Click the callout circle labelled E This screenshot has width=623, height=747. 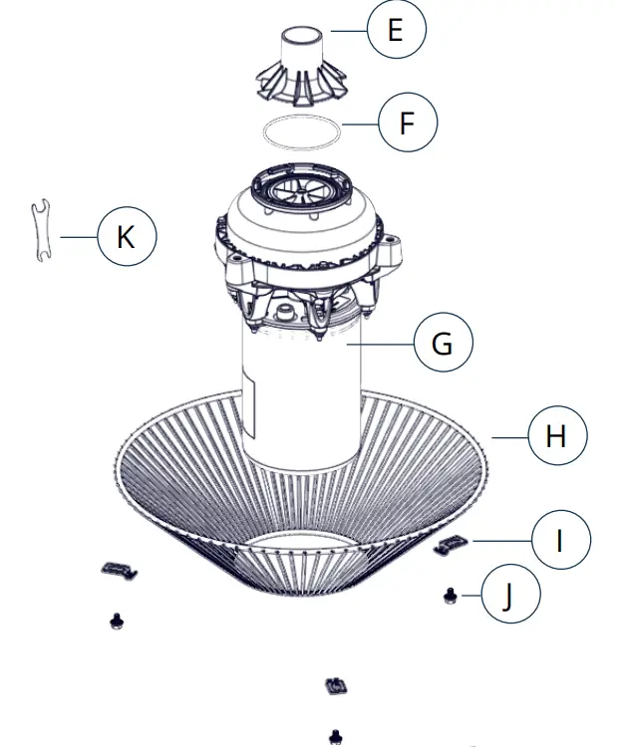point(396,31)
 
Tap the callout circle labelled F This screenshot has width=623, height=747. point(407,124)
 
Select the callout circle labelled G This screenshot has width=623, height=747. point(442,344)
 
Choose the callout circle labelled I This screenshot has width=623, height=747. point(560,541)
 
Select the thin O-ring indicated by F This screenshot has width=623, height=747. point(301,131)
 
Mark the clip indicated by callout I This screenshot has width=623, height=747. point(454,542)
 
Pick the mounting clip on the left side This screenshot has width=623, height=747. point(119,569)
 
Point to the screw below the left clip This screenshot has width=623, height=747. point(115,621)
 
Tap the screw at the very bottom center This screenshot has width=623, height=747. point(337,736)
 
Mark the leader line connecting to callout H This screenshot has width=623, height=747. point(508,436)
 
